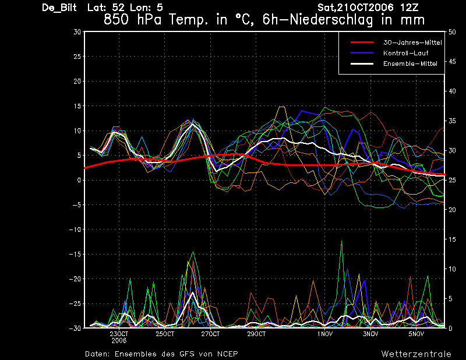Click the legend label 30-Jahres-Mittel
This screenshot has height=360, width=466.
(x=412, y=43)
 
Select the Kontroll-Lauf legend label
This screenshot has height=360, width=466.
(x=405, y=53)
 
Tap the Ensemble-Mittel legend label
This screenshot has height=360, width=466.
(x=410, y=63)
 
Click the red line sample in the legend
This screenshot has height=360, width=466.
(x=362, y=43)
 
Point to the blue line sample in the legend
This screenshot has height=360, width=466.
(x=362, y=53)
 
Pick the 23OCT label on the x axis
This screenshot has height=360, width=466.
(x=119, y=334)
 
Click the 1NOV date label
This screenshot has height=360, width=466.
(x=325, y=334)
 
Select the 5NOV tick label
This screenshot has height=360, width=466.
(x=416, y=334)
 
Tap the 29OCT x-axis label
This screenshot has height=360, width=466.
(x=256, y=334)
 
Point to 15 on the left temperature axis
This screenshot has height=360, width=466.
(x=77, y=106)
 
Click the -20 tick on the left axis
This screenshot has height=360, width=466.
(x=75, y=279)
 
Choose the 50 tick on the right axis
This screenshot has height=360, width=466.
(x=452, y=32)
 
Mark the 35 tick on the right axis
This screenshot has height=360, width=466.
(x=452, y=121)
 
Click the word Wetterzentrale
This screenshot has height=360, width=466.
(x=416, y=354)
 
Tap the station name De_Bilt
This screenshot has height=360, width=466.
(x=59, y=8)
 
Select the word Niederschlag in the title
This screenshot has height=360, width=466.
(x=331, y=20)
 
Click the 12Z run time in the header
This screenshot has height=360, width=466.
(x=409, y=7)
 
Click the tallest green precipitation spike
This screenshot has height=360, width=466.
(x=341, y=241)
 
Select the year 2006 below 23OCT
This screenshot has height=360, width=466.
(x=119, y=341)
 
